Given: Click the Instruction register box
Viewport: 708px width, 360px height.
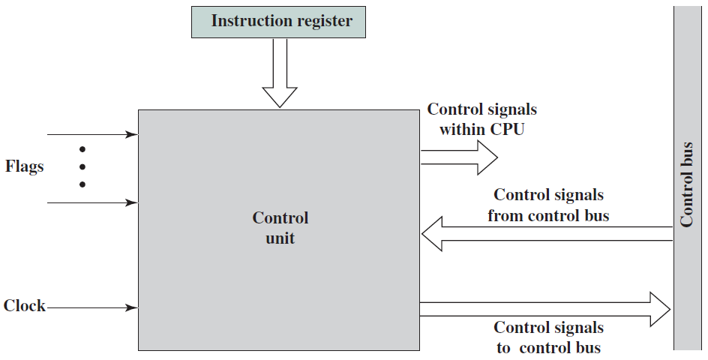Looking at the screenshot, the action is (278, 22).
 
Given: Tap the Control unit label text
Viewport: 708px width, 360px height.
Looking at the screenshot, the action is (280, 228).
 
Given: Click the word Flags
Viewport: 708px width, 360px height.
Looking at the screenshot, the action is (25, 166).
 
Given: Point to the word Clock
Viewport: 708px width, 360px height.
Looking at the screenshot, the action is (25, 306).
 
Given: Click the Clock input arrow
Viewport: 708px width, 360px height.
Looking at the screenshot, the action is (92, 308).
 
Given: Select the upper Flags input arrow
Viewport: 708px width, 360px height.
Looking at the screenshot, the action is (92, 134).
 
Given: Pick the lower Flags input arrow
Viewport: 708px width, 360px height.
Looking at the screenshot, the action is (92, 202).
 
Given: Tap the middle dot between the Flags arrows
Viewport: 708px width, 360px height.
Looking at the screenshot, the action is (82, 167).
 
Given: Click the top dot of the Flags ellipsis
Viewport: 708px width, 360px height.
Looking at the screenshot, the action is (82, 149).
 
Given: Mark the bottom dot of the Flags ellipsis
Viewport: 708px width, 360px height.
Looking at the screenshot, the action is (82, 184).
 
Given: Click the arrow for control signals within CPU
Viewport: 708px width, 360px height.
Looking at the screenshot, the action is (459, 157).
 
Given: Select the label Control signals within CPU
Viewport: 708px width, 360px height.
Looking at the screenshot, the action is (481, 119).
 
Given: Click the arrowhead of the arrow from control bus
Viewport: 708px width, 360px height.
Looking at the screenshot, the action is (432, 233).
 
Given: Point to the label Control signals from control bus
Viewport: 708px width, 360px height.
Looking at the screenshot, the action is (548, 205).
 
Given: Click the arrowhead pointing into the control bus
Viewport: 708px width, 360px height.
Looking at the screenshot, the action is (661, 309).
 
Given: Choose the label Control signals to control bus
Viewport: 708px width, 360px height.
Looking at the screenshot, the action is (548, 337).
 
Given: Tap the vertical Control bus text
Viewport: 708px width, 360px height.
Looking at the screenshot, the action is (686, 184).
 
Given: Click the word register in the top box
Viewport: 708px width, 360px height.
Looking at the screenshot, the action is (325, 22).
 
